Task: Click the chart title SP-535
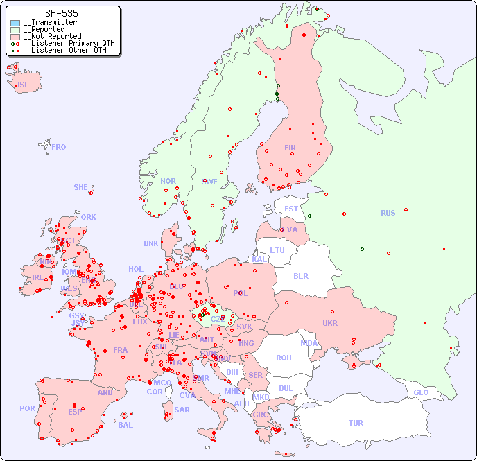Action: click(61, 13)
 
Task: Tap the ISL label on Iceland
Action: click(24, 85)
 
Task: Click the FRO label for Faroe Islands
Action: click(59, 147)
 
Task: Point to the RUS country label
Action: click(388, 213)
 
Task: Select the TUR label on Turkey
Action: click(356, 423)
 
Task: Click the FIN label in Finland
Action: click(290, 148)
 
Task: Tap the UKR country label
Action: click(330, 323)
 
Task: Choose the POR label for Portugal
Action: click(27, 408)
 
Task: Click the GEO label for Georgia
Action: click(421, 392)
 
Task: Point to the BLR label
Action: click(301, 275)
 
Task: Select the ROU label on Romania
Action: click(284, 358)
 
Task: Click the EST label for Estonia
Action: click(292, 209)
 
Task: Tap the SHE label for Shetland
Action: click(81, 187)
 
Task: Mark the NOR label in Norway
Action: click(168, 181)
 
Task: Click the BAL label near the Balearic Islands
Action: click(125, 425)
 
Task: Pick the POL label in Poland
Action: click(241, 293)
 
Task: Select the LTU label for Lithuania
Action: click(277, 250)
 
